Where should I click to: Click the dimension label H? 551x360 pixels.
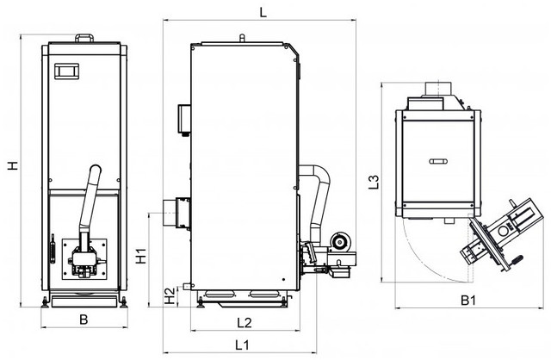[x=13, y=165]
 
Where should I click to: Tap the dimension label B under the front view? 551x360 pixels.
[x=84, y=320]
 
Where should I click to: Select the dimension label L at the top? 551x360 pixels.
[x=263, y=12]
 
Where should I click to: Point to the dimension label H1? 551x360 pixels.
[x=141, y=256]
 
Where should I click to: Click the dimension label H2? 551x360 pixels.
[x=170, y=296]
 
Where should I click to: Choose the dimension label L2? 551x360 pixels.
[x=245, y=322]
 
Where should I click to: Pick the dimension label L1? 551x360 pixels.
[x=242, y=344]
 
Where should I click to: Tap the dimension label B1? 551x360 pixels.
[x=468, y=301]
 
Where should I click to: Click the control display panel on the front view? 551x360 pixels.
[x=66, y=71]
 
